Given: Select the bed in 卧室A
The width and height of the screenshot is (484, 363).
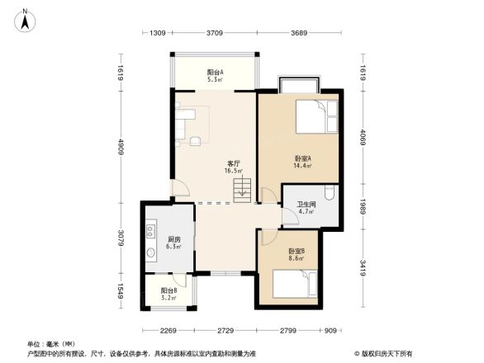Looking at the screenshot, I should [x=317, y=118].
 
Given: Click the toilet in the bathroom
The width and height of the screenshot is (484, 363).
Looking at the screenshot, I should [x=330, y=194].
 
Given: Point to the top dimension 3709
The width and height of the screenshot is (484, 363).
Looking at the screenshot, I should [x=214, y=33].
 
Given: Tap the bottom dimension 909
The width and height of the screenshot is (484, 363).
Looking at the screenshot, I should [x=330, y=331].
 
